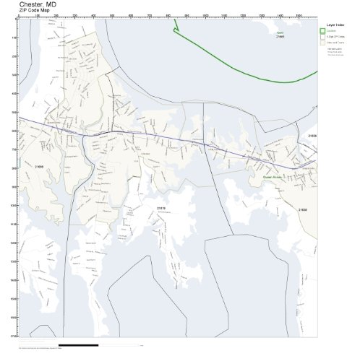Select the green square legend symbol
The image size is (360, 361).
pyautogui.click(x=322, y=30)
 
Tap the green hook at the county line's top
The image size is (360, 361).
pyautogui.click(x=175, y=29)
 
